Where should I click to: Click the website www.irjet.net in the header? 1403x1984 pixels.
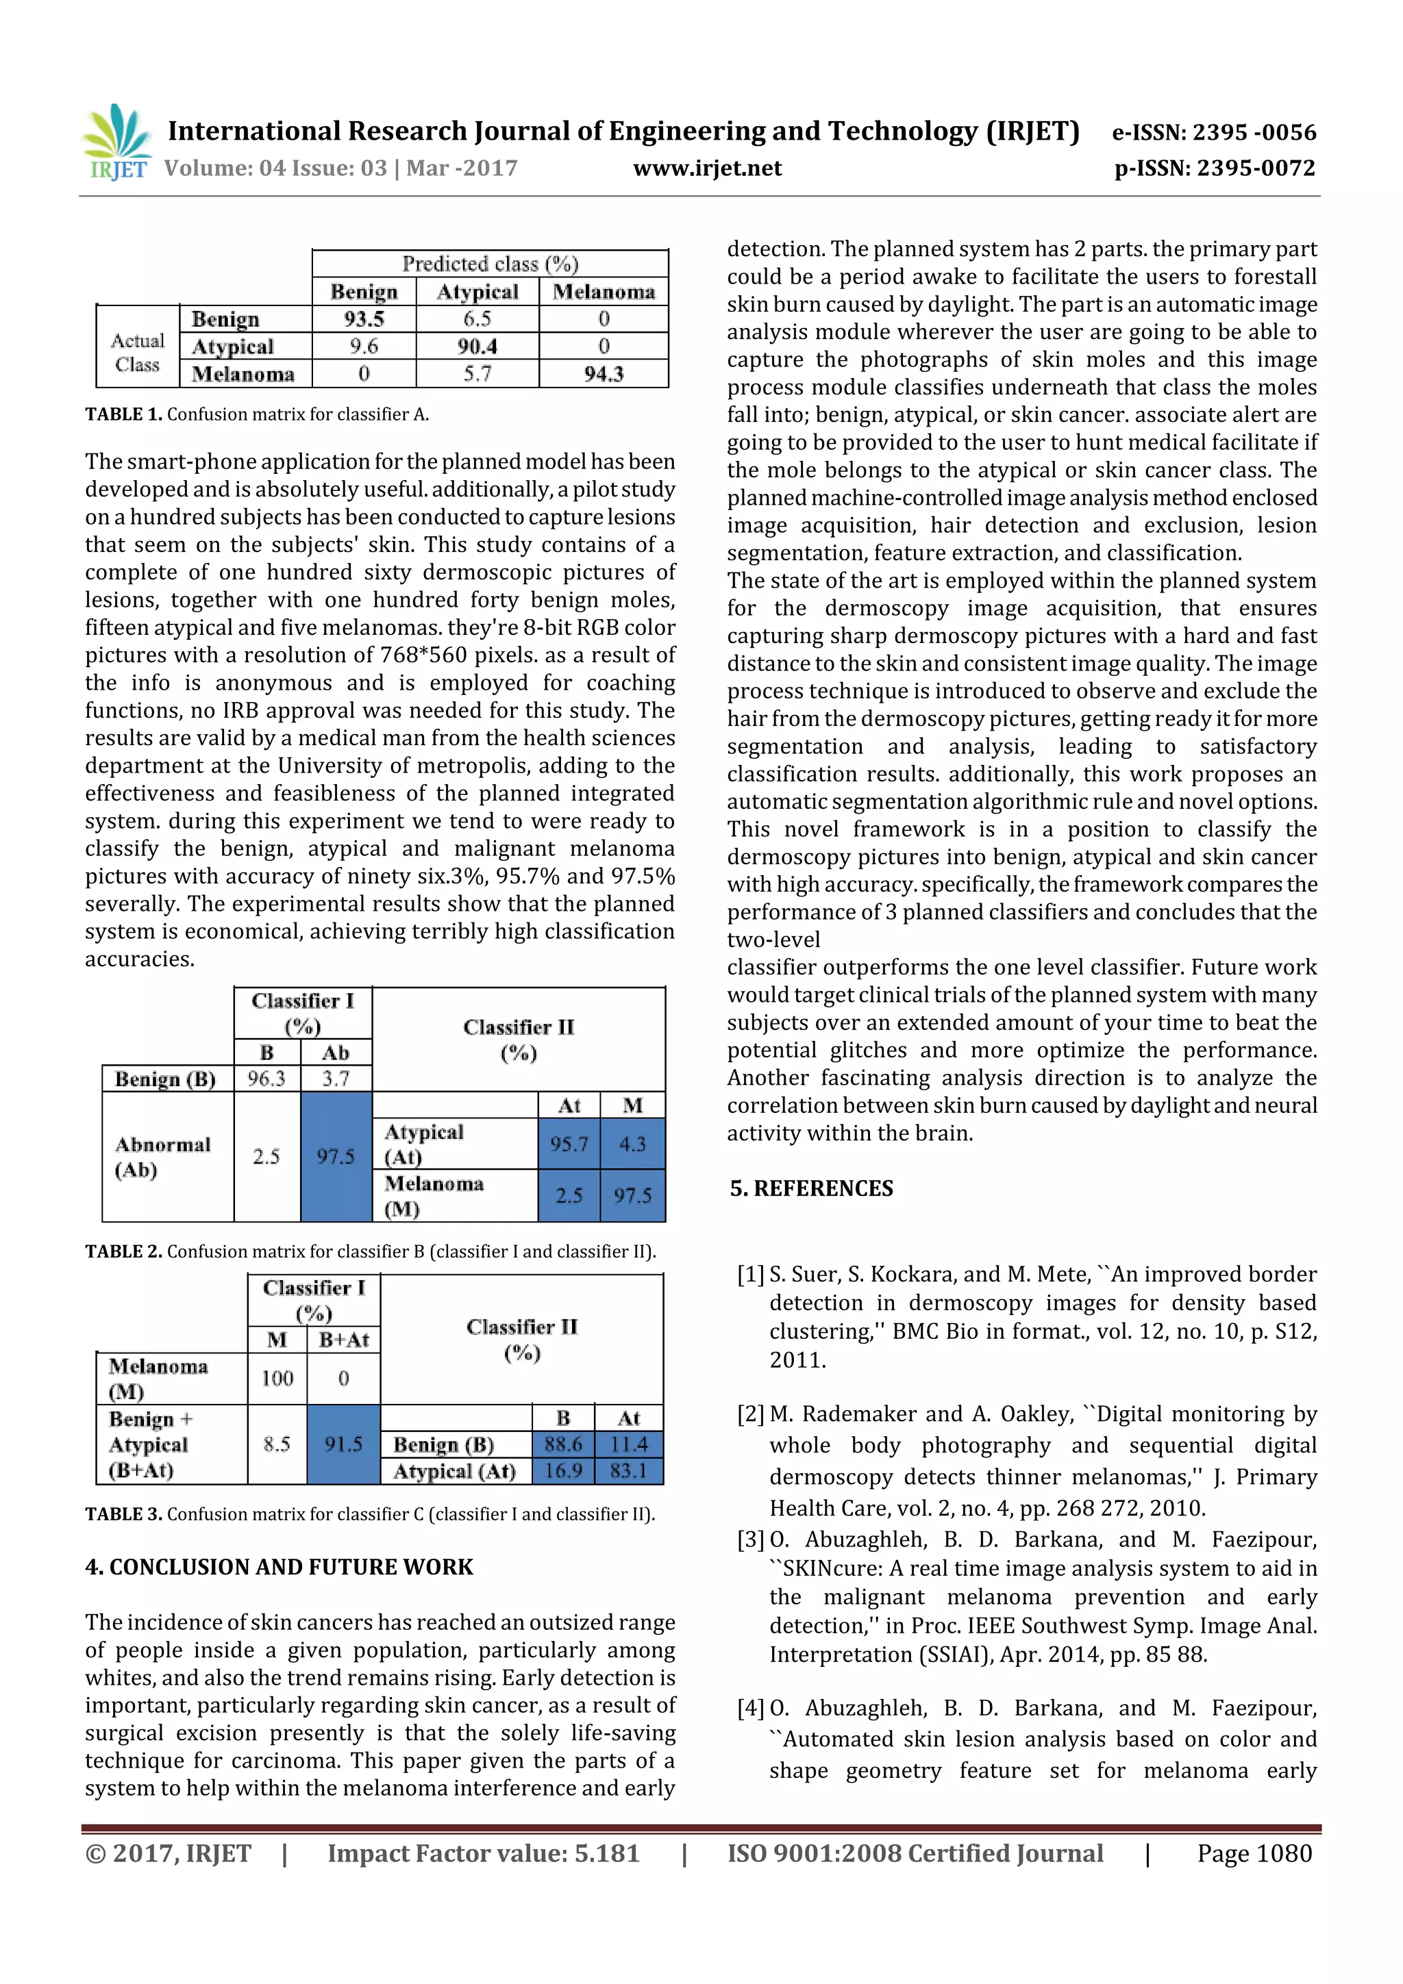[x=706, y=168]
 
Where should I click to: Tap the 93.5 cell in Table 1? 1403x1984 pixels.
[x=363, y=319]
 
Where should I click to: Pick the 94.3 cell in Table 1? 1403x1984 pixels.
[x=603, y=374]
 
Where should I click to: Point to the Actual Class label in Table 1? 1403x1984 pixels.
[x=138, y=353]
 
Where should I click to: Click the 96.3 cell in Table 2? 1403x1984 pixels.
[x=266, y=1079]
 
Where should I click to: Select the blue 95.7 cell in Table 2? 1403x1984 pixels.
[x=568, y=1144]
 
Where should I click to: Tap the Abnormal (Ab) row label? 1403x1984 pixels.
[x=162, y=1157]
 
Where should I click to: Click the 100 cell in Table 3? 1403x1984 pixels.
[x=277, y=1379]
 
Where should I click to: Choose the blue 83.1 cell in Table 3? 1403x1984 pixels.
[x=628, y=1471]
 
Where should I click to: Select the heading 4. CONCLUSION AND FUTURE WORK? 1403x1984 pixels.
[x=278, y=1568]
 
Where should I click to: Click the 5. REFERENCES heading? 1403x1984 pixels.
[x=811, y=1188]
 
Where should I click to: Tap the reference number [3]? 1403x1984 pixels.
[x=749, y=1540]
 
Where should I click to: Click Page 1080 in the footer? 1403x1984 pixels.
[x=1254, y=1853]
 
